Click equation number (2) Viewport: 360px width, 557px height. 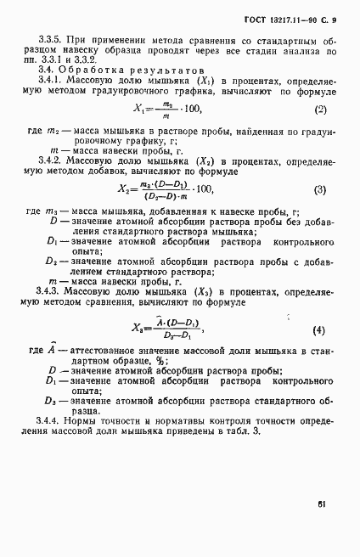coord(320,110)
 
